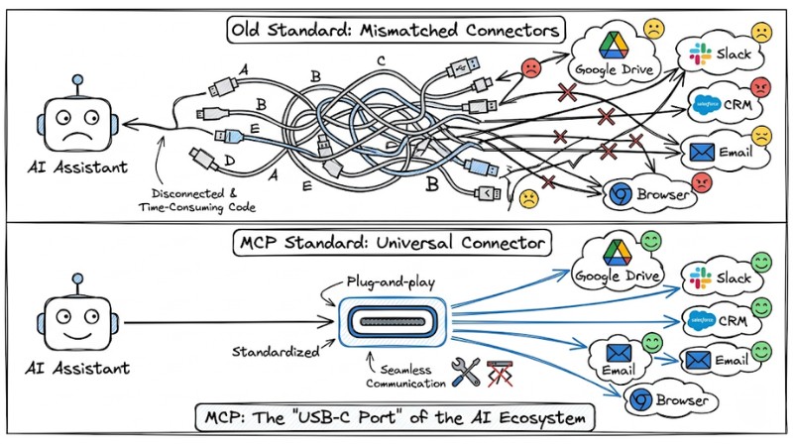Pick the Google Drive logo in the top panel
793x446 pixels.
[607, 45]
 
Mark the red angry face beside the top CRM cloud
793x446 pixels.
[761, 87]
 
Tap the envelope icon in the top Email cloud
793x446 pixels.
[703, 152]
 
